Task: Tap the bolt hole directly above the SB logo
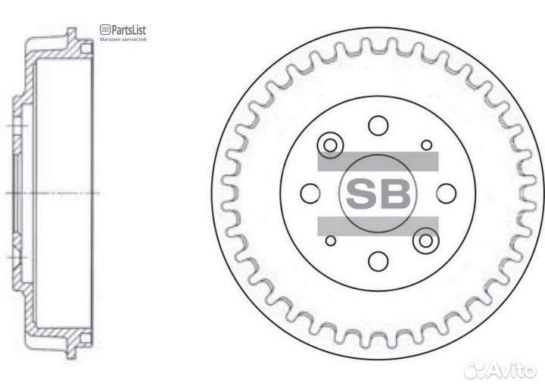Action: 378,126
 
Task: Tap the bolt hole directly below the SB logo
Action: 378,261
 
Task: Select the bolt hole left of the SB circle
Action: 310,194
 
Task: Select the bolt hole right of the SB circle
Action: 446,194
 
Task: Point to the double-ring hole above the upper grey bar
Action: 330,145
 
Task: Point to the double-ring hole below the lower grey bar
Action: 426,241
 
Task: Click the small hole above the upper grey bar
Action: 426,145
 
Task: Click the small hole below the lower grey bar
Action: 330,241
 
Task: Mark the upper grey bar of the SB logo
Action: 378,161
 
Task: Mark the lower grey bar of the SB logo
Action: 378,225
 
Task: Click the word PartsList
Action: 128,30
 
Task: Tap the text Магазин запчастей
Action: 123,39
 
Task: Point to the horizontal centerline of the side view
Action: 53,193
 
